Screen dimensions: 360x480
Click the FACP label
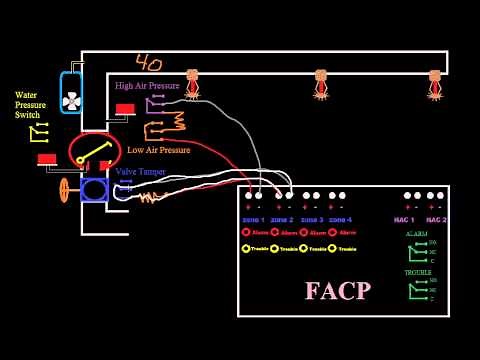pyautogui.click(x=338, y=290)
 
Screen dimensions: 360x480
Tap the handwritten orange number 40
pyautogui.click(x=150, y=64)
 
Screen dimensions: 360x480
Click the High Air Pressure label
pyautogui.click(x=147, y=86)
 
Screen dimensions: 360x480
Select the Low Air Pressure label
pyautogui.click(x=158, y=150)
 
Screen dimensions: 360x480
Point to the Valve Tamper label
pyautogui.click(x=140, y=171)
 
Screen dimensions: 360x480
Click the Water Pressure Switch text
pyautogui.click(x=28, y=105)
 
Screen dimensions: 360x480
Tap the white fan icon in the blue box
pyautogui.click(x=71, y=100)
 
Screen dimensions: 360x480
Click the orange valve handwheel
pyautogui.click(x=65, y=190)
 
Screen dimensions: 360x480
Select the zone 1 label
pyautogui.click(x=253, y=219)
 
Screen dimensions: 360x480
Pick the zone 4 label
pyautogui.click(x=340, y=219)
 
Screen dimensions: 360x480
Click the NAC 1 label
pyautogui.click(x=405, y=219)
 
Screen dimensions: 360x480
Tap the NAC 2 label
pyautogui.click(x=436, y=219)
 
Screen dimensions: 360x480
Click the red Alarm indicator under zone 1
pyautogui.click(x=246, y=233)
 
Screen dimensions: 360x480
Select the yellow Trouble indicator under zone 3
pyautogui.click(x=304, y=248)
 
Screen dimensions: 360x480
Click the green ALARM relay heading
pyautogui.click(x=417, y=233)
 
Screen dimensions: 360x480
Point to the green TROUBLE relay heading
pyautogui.click(x=418, y=272)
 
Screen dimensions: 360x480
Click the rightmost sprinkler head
pyautogui.click(x=435, y=83)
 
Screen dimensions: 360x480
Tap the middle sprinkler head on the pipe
pyautogui.click(x=321, y=83)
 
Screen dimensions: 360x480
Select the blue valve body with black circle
pyautogui.click(x=94, y=190)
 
